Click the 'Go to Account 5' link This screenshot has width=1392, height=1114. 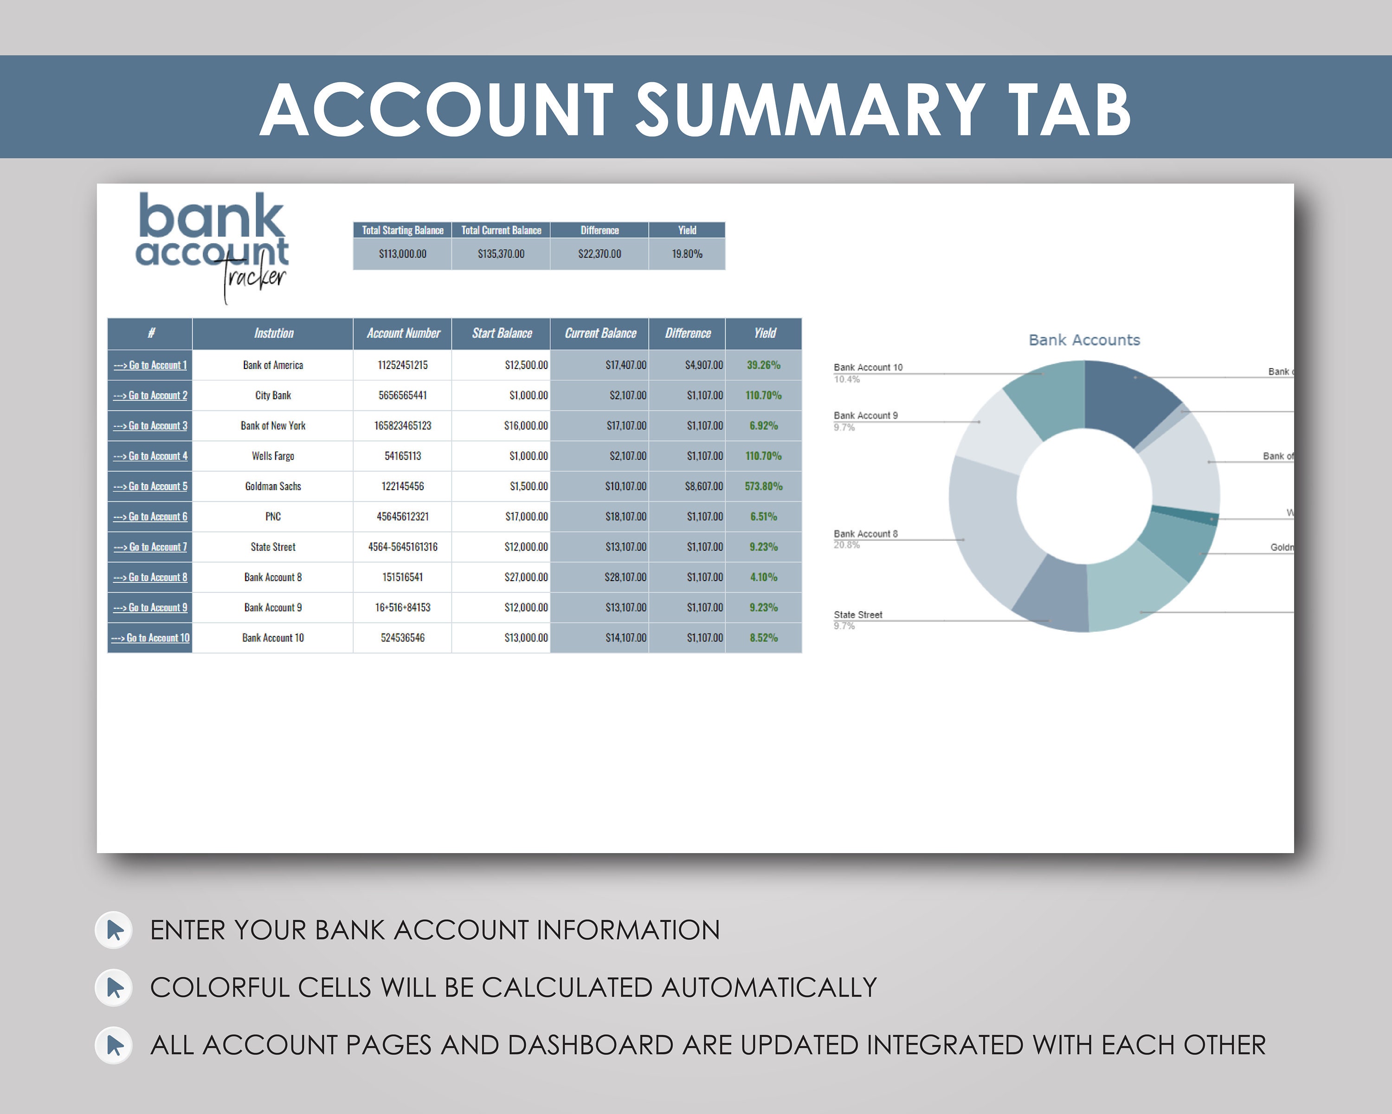[x=150, y=486]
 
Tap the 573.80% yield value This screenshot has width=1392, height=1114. [x=763, y=486]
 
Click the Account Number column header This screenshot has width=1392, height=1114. [x=403, y=333]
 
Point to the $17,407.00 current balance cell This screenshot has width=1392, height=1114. [x=625, y=365]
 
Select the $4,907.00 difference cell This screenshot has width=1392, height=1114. [x=704, y=365]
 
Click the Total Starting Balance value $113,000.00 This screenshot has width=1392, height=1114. [x=402, y=254]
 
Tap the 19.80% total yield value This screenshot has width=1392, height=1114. [x=686, y=254]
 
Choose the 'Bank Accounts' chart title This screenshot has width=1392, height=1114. [x=1084, y=340]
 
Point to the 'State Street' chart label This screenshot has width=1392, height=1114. [x=857, y=615]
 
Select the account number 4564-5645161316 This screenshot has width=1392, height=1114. [x=402, y=547]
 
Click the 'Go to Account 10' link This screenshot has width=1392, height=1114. [x=150, y=638]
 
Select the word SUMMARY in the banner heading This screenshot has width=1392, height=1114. [x=810, y=110]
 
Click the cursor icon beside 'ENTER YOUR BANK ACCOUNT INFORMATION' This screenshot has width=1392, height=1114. [x=114, y=930]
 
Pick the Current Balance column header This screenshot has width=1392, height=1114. [x=600, y=333]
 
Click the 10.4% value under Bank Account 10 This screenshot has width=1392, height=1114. [x=846, y=380]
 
